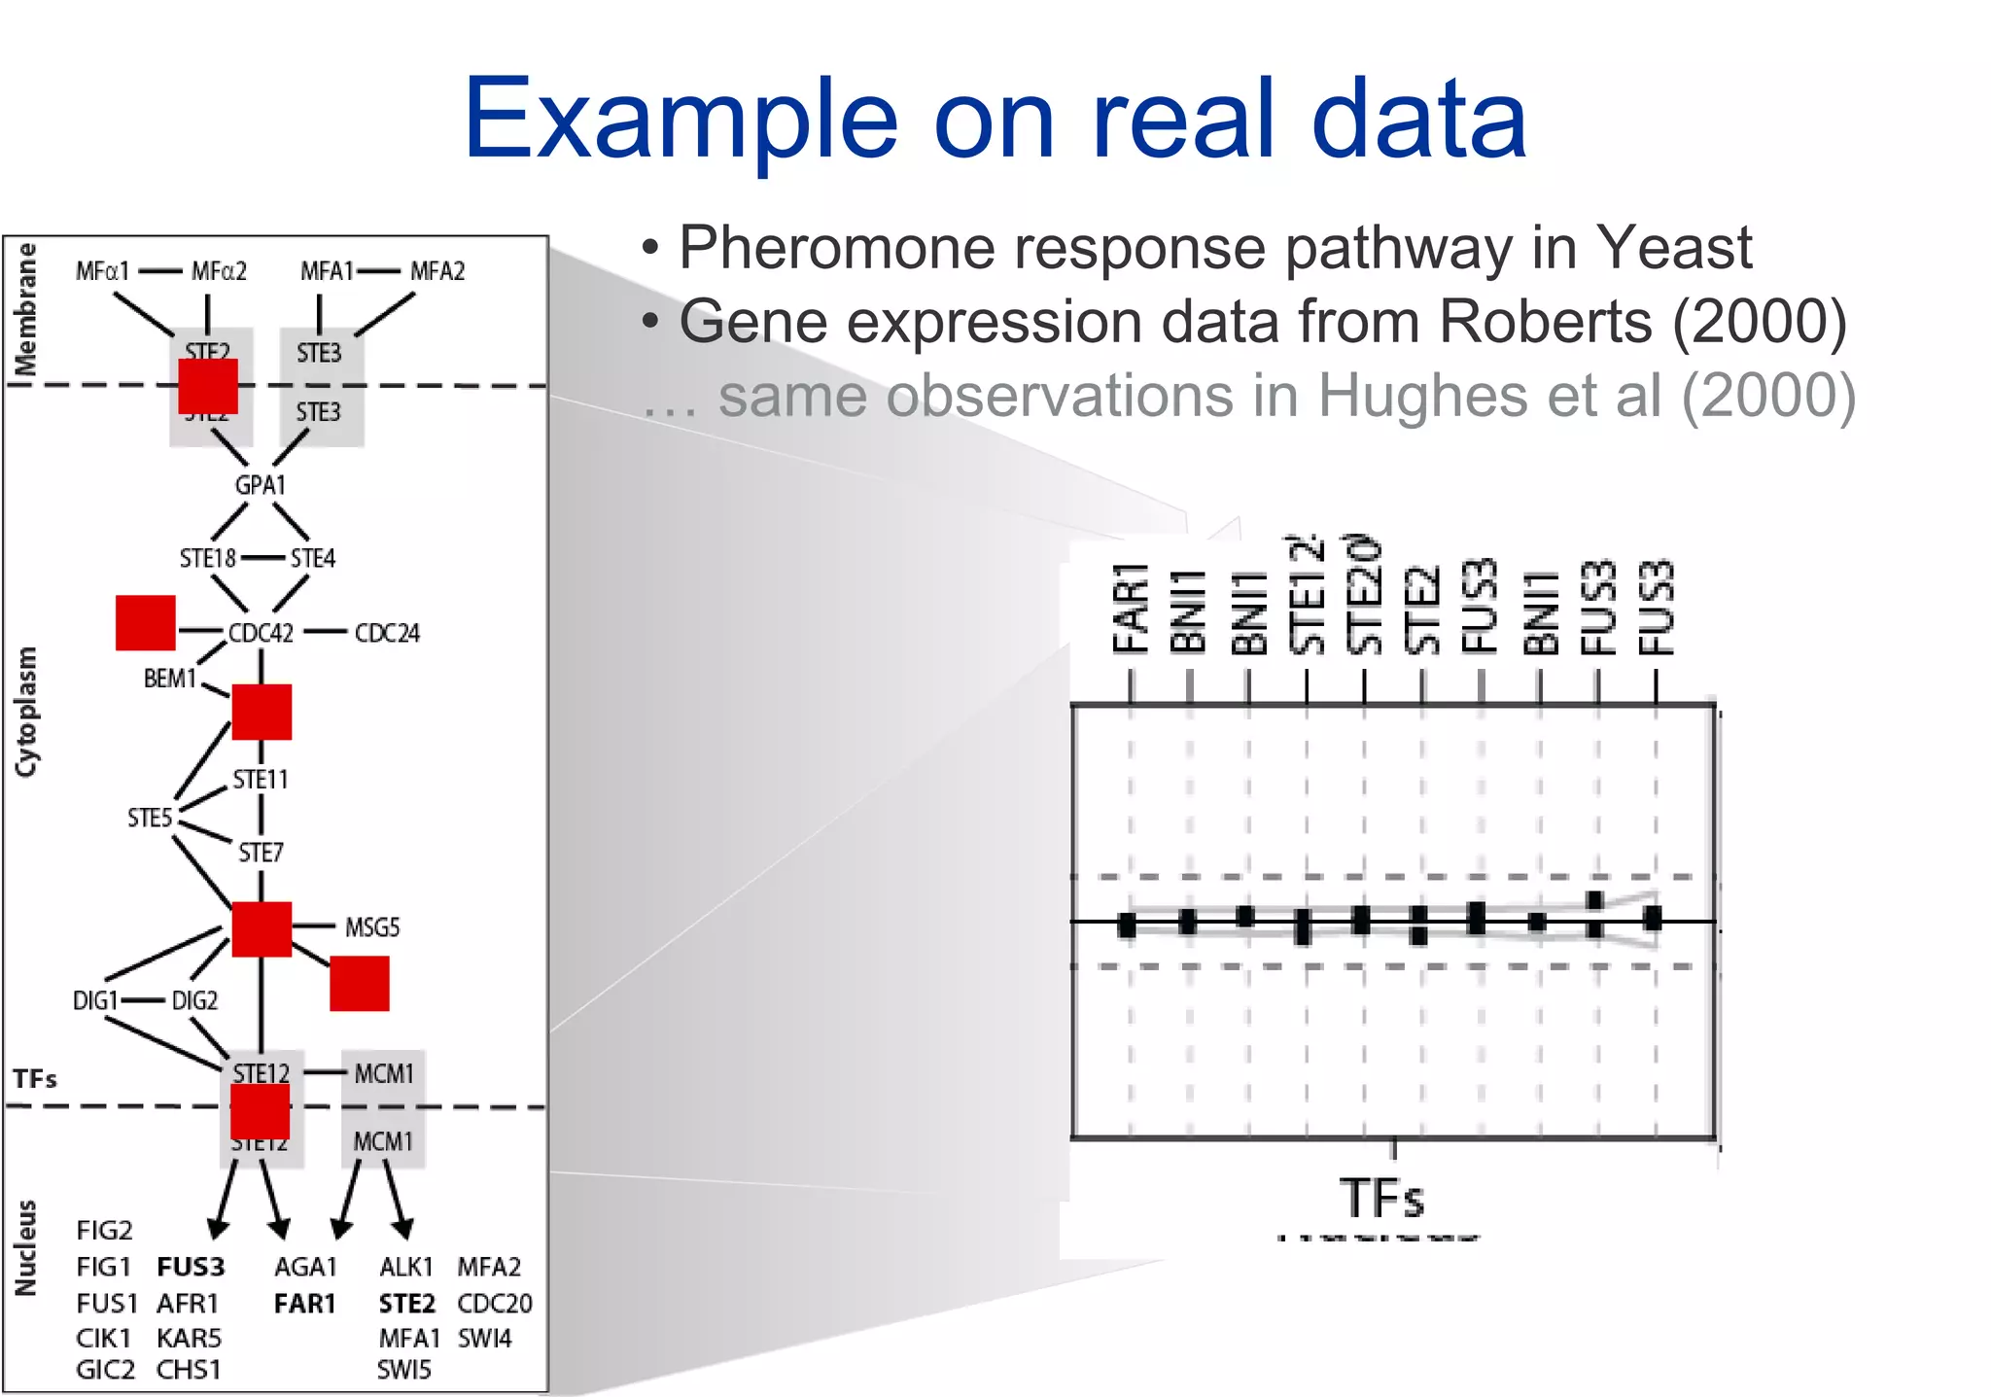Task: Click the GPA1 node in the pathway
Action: click(x=260, y=484)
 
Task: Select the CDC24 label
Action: click(x=387, y=633)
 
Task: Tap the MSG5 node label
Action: click(x=372, y=927)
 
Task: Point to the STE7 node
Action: click(x=261, y=853)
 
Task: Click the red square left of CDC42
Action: click(x=145, y=623)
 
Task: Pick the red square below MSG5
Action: click(x=360, y=983)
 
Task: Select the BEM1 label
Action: click(x=170, y=678)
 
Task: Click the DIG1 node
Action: click(x=95, y=1000)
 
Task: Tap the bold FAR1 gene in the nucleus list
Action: click(x=304, y=1303)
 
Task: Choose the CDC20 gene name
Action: click(x=494, y=1303)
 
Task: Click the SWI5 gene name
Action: click(x=403, y=1369)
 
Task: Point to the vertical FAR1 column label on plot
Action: click(x=1131, y=608)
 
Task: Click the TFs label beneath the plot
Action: click(x=1381, y=1198)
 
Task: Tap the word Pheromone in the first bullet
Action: click(x=837, y=247)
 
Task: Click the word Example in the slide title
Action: click(x=680, y=121)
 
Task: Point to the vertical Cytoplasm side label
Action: click(x=26, y=712)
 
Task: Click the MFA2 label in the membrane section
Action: click(x=437, y=271)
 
